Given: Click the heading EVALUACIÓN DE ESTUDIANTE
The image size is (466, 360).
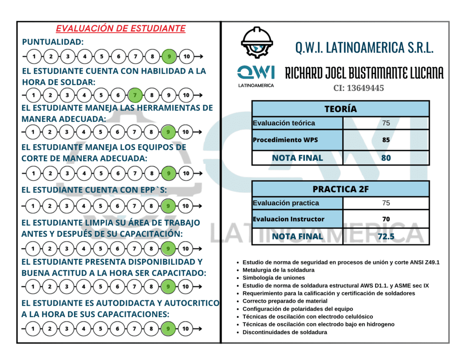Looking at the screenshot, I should tap(121, 29).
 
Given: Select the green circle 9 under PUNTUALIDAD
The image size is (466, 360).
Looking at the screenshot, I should tap(169, 56).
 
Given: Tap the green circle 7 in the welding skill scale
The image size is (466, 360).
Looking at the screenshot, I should tap(135, 96).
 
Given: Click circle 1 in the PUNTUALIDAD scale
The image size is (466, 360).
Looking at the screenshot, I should tap(34, 56).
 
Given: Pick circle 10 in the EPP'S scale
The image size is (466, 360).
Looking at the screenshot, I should tap(185, 206).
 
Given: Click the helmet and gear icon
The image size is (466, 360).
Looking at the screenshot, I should tap(257, 43).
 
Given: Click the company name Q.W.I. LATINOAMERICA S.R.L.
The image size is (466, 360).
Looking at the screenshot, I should tap(364, 47).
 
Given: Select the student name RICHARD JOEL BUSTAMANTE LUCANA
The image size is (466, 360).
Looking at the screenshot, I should tap(364, 73).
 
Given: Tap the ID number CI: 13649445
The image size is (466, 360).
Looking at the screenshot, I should tap(359, 88).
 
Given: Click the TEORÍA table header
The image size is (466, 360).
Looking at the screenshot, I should tap(340, 109).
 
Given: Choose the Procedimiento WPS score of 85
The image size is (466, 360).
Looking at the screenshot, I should tap(386, 140).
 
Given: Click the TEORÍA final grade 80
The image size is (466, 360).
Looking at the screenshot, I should tap(386, 158).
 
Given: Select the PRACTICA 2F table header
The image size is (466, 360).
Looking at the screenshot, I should tap(340, 189).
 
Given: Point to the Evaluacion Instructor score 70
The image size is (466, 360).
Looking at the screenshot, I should tap(386, 219).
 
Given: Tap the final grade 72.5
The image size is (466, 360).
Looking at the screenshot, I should tap(386, 237).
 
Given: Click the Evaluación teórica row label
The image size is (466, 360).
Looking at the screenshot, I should tap(284, 123).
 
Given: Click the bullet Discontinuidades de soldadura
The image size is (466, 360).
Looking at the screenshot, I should tap(284, 332).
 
